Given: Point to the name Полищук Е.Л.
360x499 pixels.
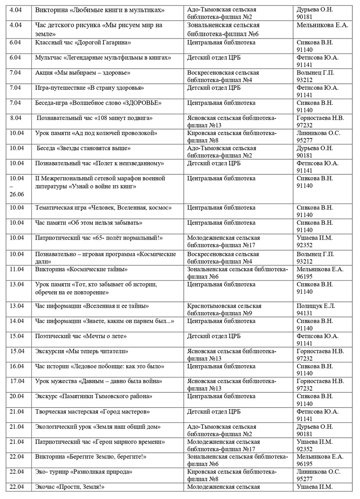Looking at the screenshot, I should coord(316,306).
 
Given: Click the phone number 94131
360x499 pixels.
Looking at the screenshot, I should coord(305,313).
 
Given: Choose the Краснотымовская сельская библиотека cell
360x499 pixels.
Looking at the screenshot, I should coord(224,309).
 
